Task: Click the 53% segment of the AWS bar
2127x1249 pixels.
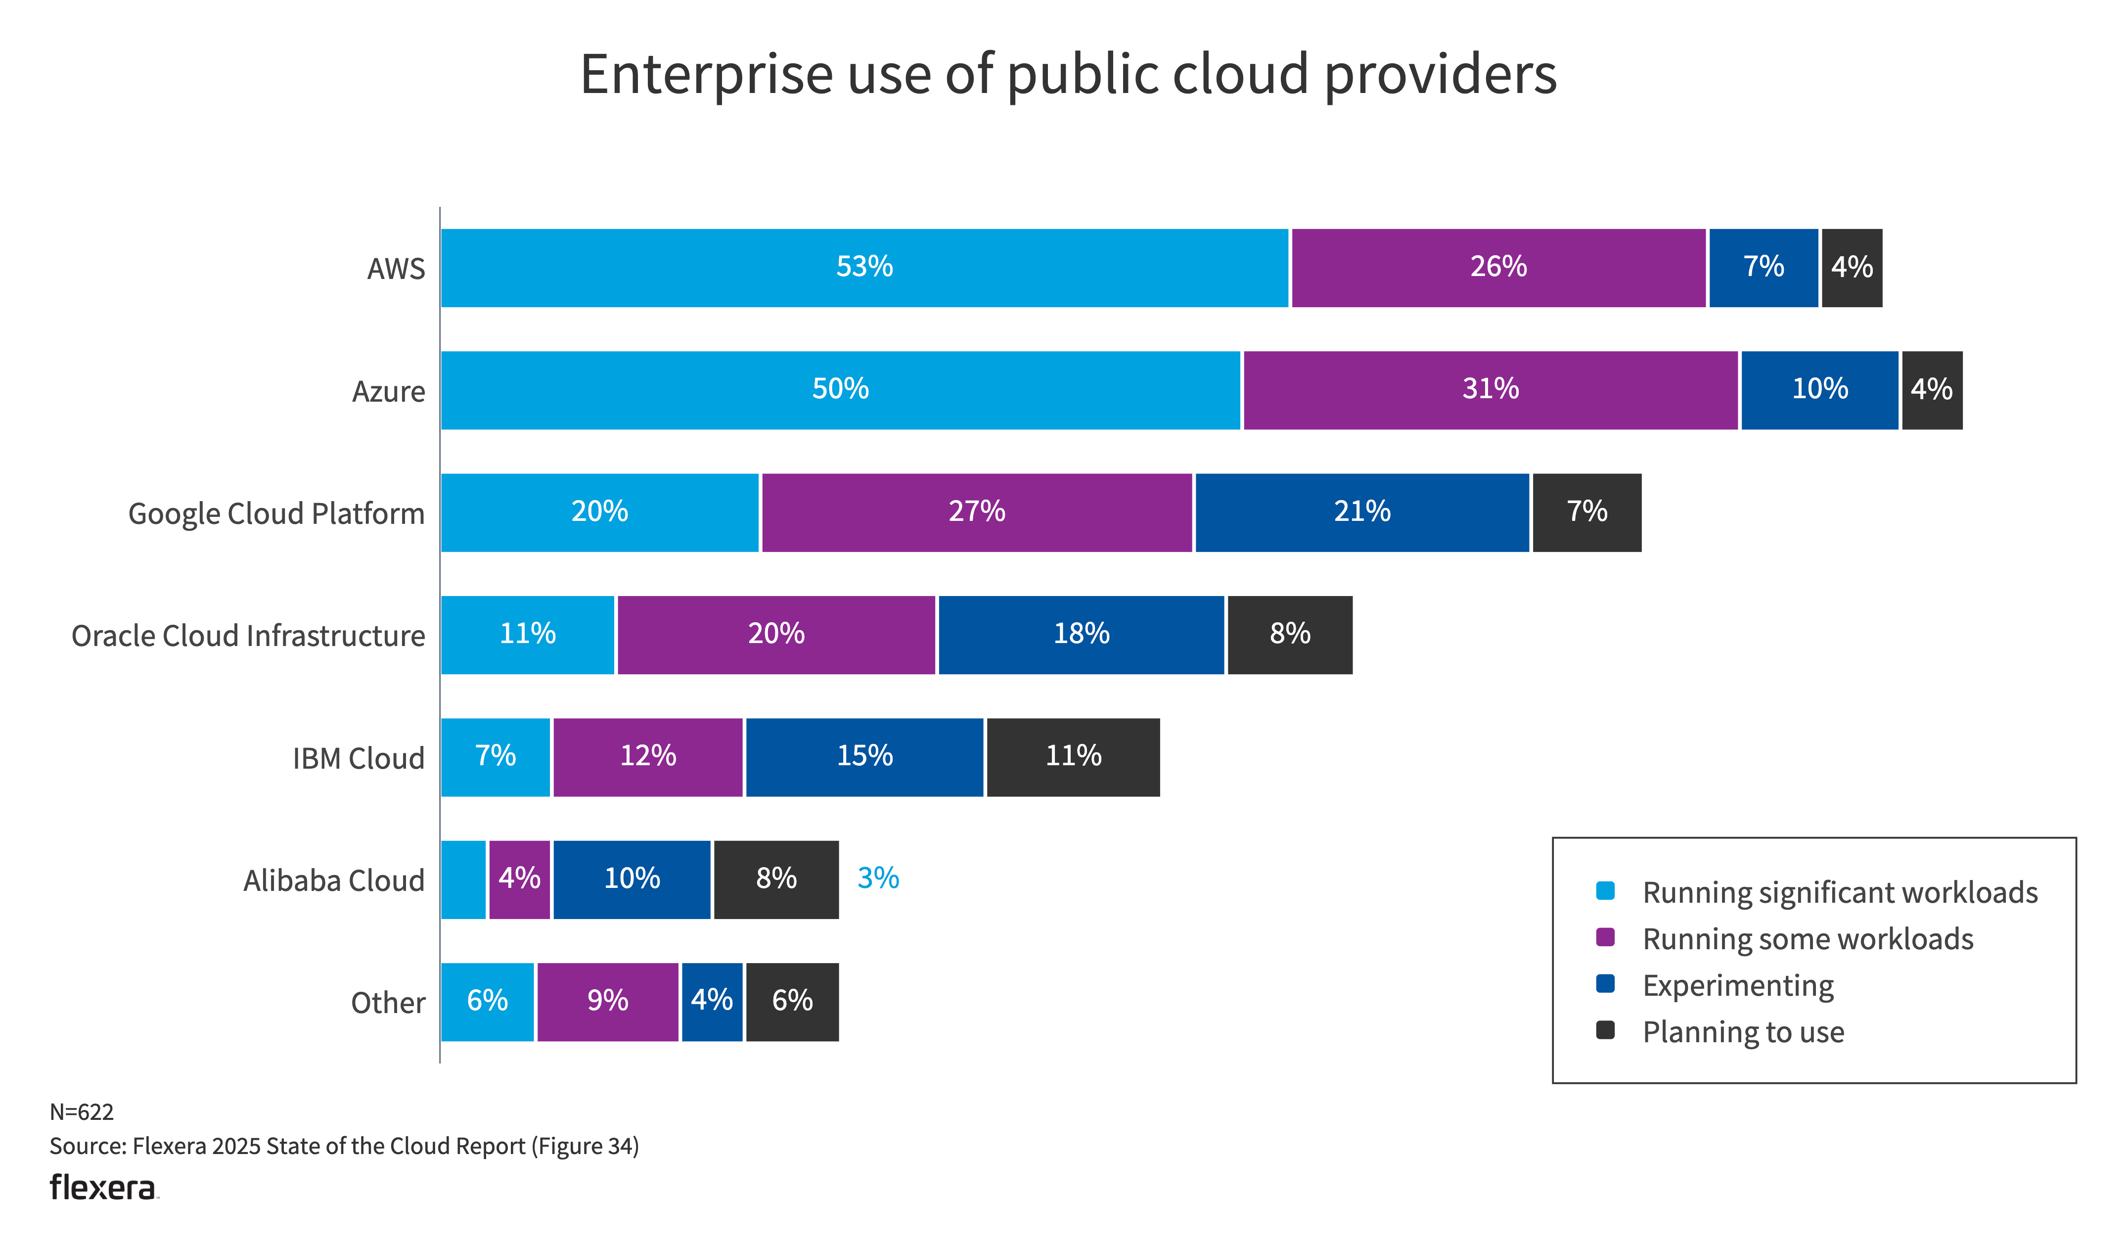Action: (864, 268)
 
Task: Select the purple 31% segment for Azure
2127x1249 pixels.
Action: (1491, 390)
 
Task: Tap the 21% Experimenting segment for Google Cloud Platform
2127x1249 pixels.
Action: (1361, 512)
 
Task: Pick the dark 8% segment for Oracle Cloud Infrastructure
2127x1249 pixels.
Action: (1290, 635)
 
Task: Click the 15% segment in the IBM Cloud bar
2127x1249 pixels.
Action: (864, 757)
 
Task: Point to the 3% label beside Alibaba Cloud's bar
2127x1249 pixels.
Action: (878, 879)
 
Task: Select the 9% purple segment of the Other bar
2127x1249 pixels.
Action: (608, 1002)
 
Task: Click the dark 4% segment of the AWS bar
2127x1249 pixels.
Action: (1851, 268)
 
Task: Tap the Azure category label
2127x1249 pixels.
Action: (388, 392)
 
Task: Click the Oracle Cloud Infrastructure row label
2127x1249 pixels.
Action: (248, 636)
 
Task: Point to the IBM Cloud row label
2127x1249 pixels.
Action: (359, 758)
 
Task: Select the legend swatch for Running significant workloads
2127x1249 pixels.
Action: (1605, 891)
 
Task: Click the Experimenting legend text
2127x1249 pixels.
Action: (1738, 985)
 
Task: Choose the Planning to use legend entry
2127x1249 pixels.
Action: (1743, 1032)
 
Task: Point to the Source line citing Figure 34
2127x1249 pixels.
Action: (344, 1146)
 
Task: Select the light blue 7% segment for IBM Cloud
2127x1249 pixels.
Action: (496, 757)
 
